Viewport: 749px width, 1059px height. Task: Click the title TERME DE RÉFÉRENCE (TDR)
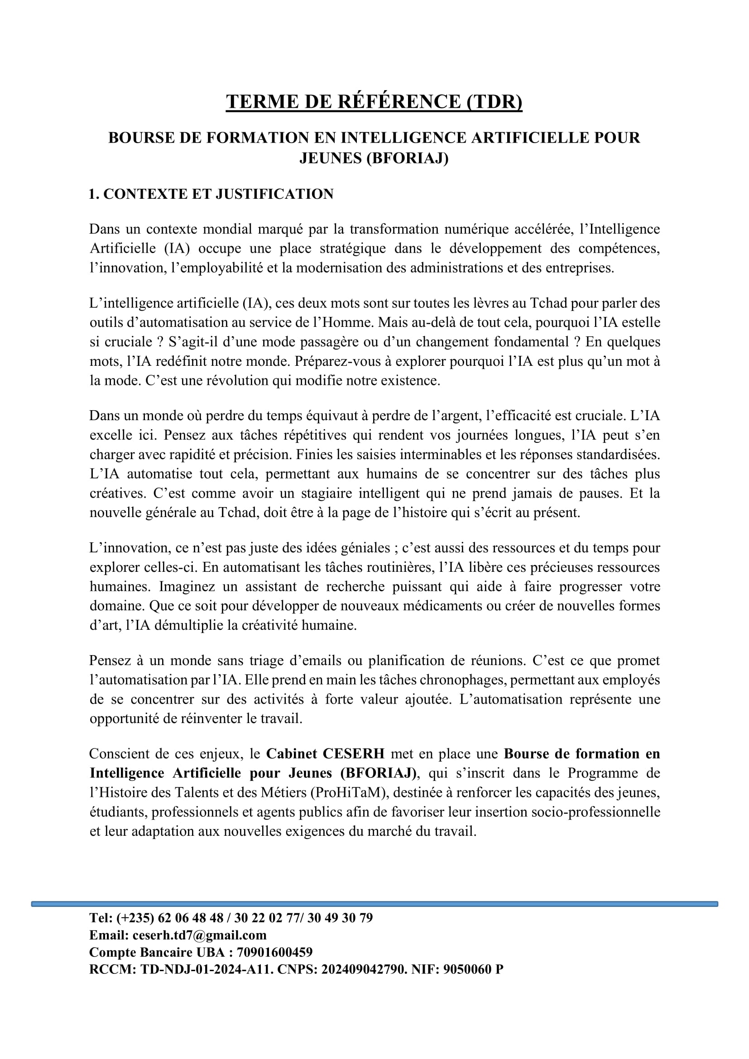click(x=374, y=101)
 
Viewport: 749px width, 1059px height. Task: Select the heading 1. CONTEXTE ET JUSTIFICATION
click(x=211, y=194)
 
